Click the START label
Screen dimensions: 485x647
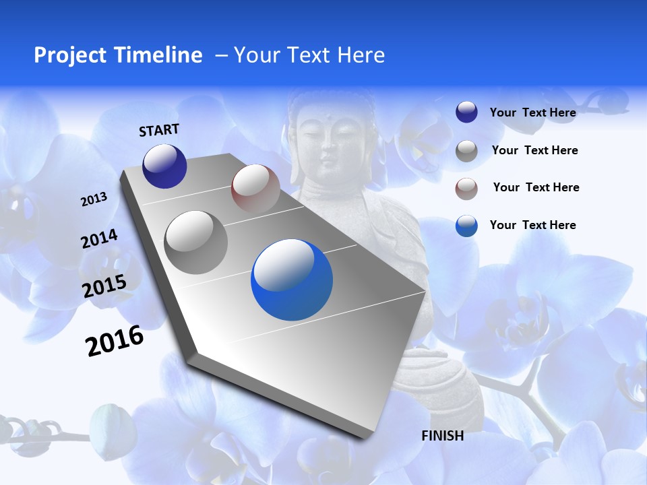pos(159,130)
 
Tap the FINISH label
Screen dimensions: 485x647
pos(443,436)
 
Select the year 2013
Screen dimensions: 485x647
pos(94,199)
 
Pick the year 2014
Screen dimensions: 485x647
pos(99,239)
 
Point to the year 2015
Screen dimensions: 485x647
pos(104,286)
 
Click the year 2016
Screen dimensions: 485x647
pos(115,341)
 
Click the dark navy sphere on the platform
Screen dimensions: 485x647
pos(164,166)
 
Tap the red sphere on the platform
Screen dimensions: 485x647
pos(255,189)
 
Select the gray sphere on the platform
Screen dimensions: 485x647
pos(196,242)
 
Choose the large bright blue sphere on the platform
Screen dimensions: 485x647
pos(292,280)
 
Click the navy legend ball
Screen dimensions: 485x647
pos(466,112)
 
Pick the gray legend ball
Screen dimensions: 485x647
pos(466,151)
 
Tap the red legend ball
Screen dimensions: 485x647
pos(466,189)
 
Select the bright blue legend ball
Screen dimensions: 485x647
pos(466,226)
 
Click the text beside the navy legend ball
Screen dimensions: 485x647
pos(532,112)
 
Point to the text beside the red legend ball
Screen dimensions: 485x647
pos(536,187)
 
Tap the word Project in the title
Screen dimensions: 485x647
pos(69,55)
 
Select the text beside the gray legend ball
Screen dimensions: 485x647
pos(534,150)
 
